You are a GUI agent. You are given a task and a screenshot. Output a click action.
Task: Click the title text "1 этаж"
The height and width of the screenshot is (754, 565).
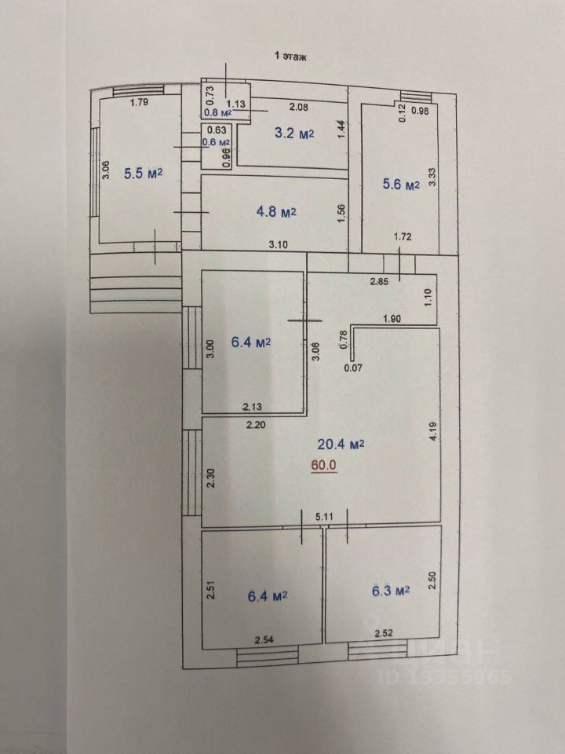click(x=288, y=57)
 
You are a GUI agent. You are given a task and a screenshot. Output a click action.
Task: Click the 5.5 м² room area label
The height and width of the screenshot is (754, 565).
click(x=143, y=174)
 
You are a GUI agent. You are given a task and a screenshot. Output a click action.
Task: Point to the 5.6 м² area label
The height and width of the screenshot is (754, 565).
click(x=401, y=185)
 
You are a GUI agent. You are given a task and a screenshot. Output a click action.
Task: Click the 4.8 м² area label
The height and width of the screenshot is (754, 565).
click(x=276, y=211)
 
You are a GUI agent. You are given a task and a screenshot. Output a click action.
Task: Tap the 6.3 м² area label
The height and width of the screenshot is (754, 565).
click(x=391, y=591)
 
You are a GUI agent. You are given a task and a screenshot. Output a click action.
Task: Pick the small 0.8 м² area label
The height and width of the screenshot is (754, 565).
click(x=217, y=112)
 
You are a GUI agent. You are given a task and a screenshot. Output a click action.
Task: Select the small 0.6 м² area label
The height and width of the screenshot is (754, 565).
click(x=216, y=142)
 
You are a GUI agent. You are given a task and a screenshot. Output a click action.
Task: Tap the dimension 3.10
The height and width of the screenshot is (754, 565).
click(x=278, y=244)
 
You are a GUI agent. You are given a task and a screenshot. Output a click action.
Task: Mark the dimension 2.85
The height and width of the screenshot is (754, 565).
click(x=381, y=280)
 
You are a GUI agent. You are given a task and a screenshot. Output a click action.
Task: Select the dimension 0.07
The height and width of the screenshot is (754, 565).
click(x=355, y=367)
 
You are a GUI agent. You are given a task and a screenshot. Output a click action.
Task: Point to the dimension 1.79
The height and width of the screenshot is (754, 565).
click(x=140, y=101)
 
